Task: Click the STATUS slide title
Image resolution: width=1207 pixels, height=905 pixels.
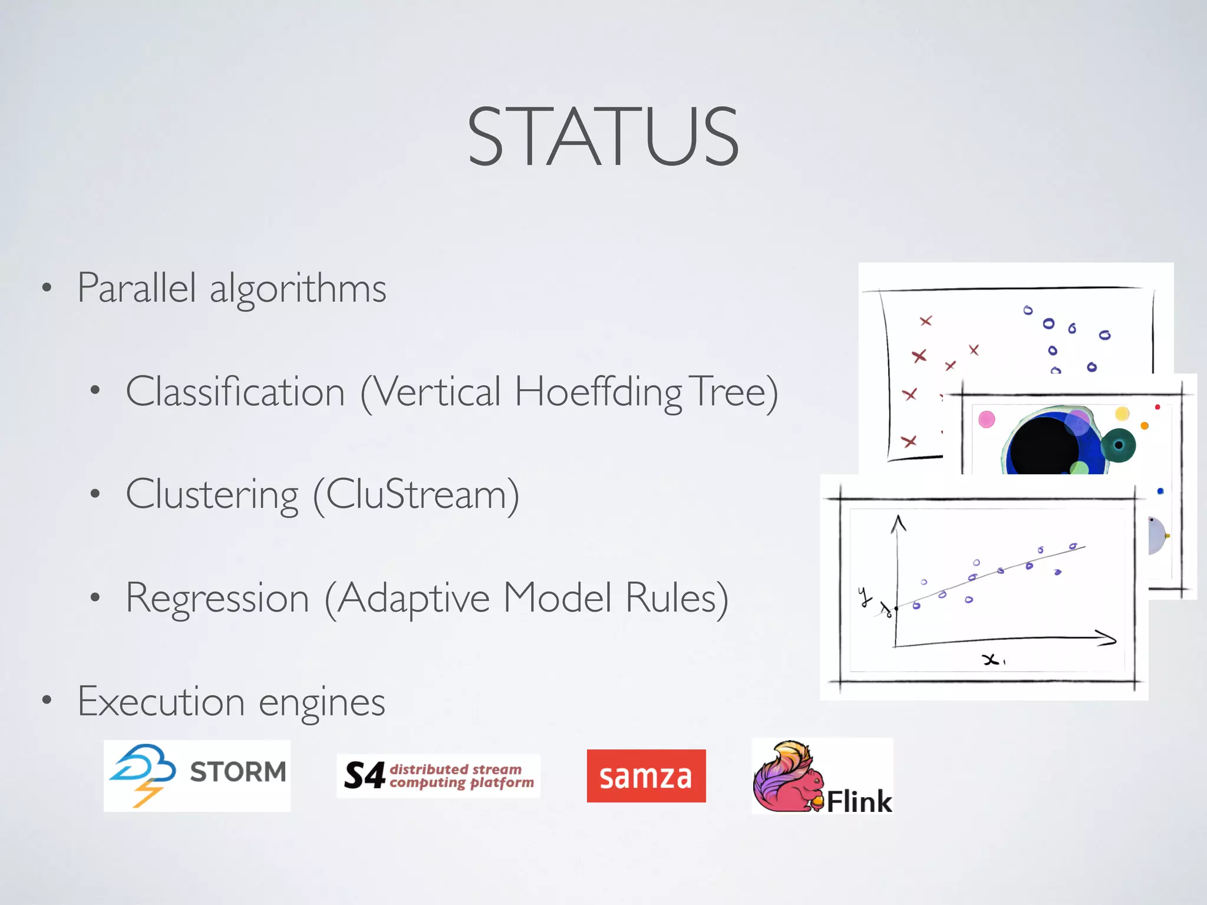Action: click(602, 137)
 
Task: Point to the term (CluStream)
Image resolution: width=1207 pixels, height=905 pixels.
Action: click(416, 495)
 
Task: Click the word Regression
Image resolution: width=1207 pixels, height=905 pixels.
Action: click(217, 598)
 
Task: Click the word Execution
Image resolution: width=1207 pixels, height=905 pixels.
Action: click(161, 702)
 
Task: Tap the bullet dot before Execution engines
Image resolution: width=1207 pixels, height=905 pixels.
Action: click(47, 701)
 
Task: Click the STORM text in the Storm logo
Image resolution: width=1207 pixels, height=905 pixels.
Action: click(238, 772)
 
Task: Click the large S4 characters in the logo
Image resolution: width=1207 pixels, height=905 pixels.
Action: click(364, 775)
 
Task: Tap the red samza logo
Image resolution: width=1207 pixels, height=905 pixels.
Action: click(646, 776)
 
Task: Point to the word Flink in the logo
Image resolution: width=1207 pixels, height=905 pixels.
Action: click(859, 801)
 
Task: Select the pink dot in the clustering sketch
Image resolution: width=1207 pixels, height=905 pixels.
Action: click(987, 420)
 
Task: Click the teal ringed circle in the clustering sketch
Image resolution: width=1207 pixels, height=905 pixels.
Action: click(1118, 445)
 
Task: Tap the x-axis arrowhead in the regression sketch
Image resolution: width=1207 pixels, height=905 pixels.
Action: click(1108, 639)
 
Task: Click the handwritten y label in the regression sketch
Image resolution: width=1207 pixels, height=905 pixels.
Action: click(865, 596)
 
